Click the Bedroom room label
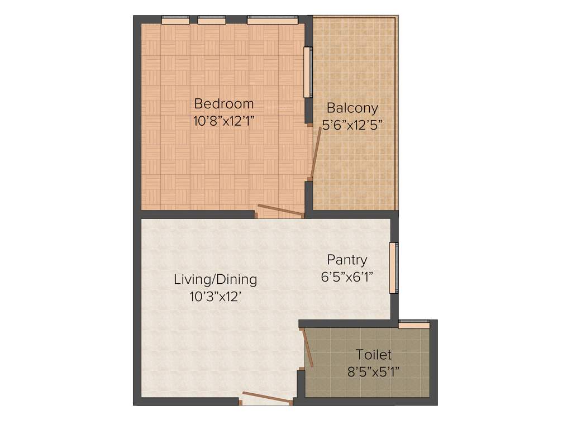click(x=223, y=104)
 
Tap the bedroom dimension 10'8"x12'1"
click(x=223, y=121)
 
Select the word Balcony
click(x=352, y=108)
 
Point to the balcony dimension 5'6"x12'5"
click(x=352, y=125)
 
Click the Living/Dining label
click(x=215, y=279)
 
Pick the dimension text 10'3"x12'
click(x=215, y=297)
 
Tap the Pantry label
click(x=347, y=260)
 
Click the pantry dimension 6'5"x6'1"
click(x=347, y=277)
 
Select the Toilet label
click(x=374, y=355)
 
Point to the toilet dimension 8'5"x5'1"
click(x=374, y=371)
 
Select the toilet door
click(x=307, y=347)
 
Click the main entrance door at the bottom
click(x=265, y=397)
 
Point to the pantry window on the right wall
click(x=394, y=268)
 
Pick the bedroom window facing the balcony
click(x=307, y=73)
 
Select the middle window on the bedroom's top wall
click(x=212, y=21)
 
